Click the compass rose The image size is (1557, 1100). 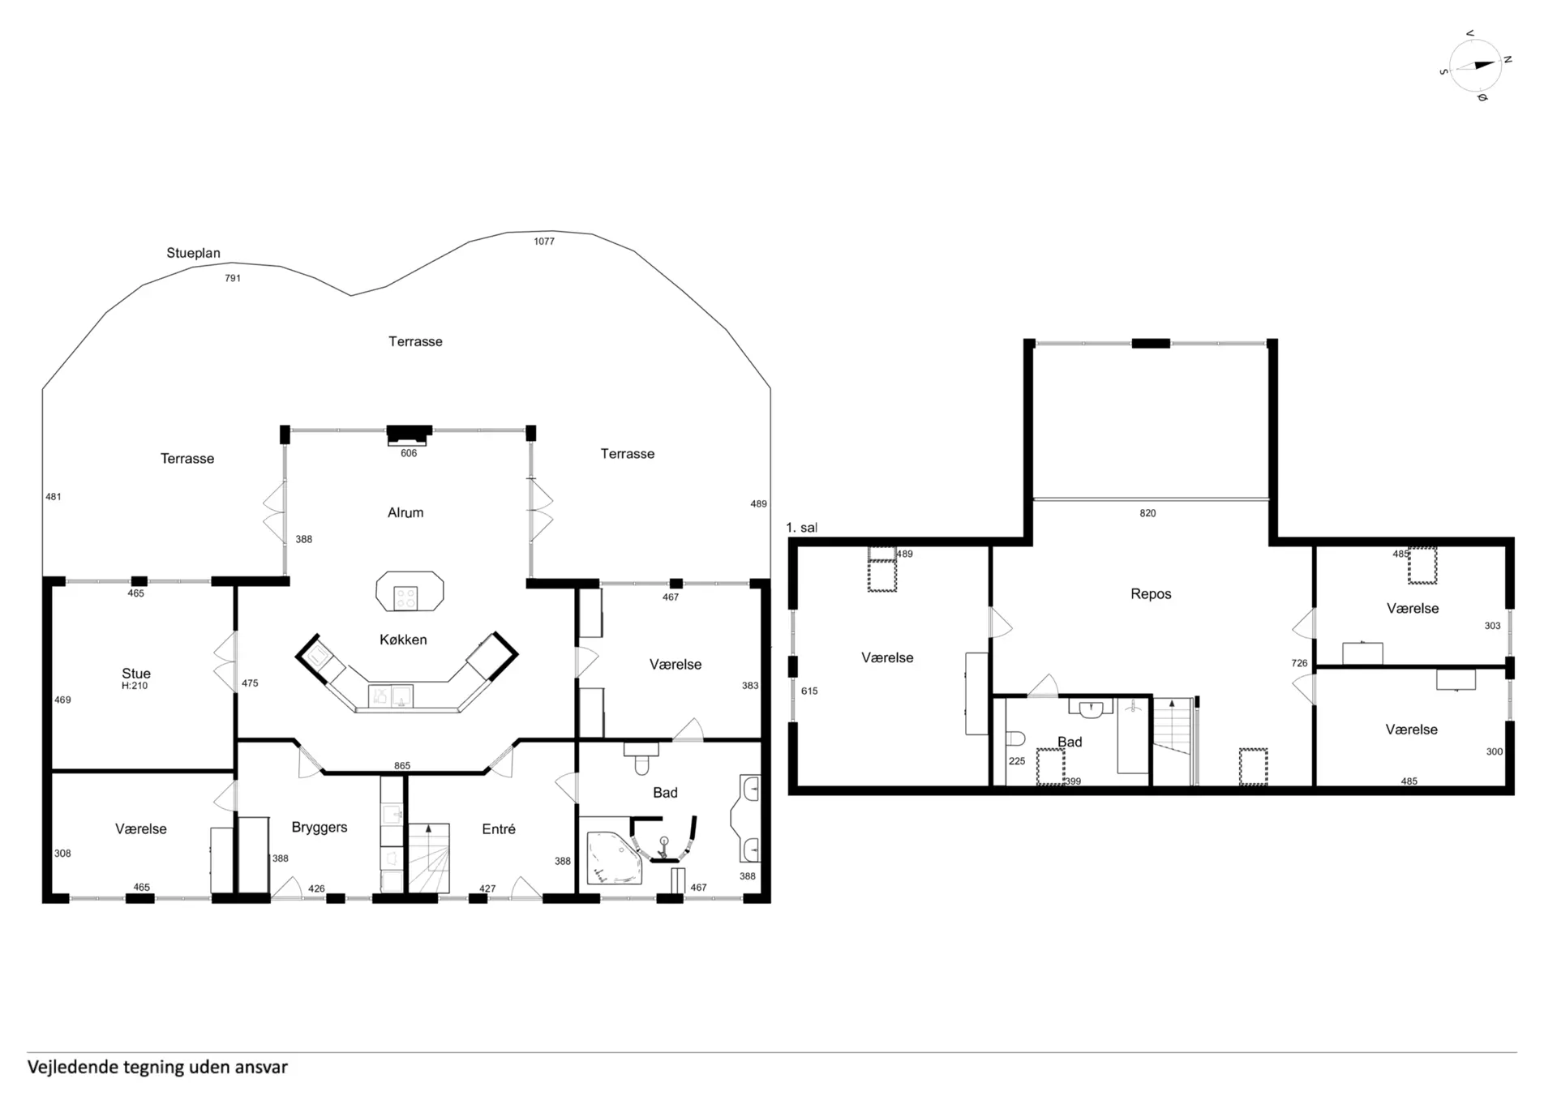(x=1475, y=66)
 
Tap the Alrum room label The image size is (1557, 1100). (x=405, y=512)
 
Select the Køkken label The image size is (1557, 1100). (x=403, y=640)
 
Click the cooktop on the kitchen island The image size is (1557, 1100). (x=405, y=598)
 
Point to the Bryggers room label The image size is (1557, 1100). (x=320, y=828)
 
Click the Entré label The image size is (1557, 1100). (x=499, y=828)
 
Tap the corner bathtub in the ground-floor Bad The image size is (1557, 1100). (x=613, y=856)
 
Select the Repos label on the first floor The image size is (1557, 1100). (x=1151, y=594)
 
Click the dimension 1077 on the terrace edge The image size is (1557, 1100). (x=544, y=242)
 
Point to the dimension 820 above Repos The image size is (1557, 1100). (x=1147, y=513)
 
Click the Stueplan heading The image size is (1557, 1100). (x=193, y=253)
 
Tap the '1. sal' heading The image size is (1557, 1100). (x=801, y=528)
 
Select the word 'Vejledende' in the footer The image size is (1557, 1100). (x=73, y=1067)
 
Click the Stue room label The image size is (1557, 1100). (x=136, y=673)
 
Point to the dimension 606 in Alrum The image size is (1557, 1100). (x=409, y=453)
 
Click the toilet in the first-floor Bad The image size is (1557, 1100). (x=1014, y=738)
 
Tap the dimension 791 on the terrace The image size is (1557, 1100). (x=233, y=278)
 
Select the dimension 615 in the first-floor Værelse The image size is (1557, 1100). (x=809, y=691)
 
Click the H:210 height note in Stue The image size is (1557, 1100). (x=135, y=686)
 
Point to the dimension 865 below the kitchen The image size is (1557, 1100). (x=402, y=766)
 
